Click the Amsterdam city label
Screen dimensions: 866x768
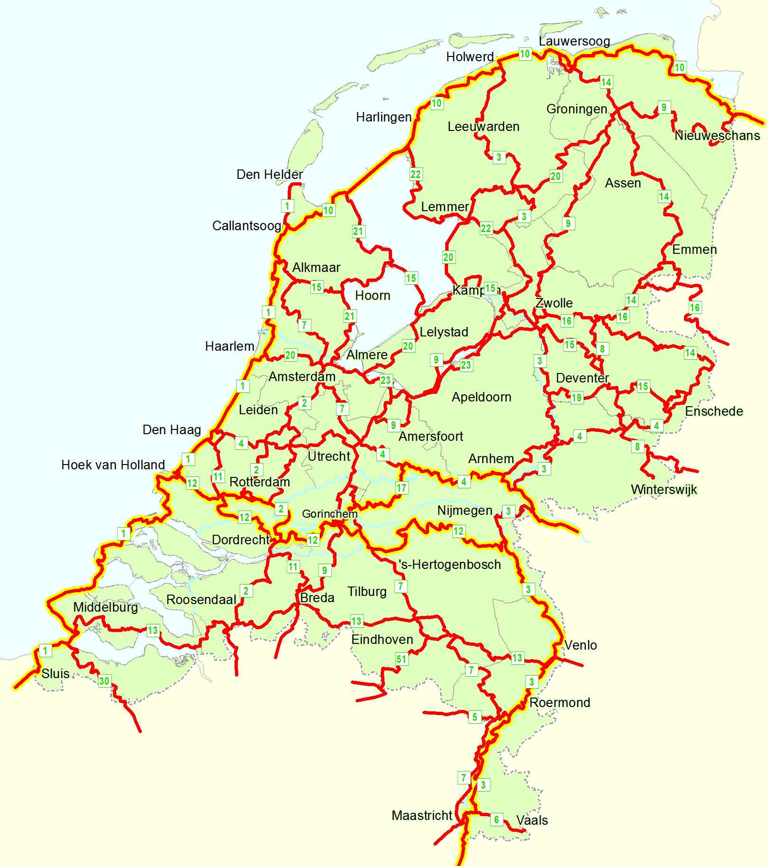(x=302, y=377)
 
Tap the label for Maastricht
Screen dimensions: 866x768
(x=422, y=815)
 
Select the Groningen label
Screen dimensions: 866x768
(x=577, y=109)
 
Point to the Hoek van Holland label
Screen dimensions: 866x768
(x=113, y=465)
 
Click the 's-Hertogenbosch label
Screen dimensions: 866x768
(x=449, y=565)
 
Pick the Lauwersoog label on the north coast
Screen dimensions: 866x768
(x=574, y=41)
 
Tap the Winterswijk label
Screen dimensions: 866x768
(x=664, y=489)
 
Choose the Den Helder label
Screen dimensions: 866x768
(x=270, y=175)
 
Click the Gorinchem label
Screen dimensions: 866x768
(x=329, y=513)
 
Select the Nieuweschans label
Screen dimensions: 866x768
(x=717, y=136)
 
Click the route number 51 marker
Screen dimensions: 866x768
(x=402, y=659)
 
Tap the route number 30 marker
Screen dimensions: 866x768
(x=104, y=681)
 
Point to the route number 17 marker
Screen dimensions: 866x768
(x=402, y=488)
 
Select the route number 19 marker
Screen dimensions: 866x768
(x=576, y=398)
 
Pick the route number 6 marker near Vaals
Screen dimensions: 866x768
(x=496, y=819)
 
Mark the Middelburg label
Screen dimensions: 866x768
(x=105, y=607)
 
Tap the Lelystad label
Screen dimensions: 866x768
(x=444, y=332)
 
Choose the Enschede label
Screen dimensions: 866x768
(x=714, y=411)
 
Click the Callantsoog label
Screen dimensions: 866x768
(x=246, y=225)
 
